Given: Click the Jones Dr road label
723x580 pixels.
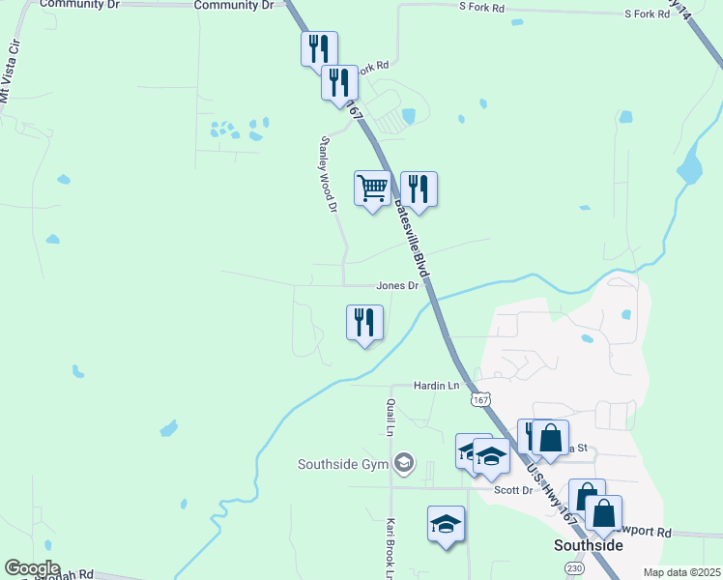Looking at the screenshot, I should tap(397, 286).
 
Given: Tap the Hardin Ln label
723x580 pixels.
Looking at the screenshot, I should tap(436, 386).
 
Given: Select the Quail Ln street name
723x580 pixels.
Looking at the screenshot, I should tap(390, 417).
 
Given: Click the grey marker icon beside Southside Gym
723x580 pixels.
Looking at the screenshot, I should tap(404, 465).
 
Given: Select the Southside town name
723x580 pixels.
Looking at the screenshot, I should tap(588, 545).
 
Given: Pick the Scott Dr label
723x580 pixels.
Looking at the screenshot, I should tap(513, 490).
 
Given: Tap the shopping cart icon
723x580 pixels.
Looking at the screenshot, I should tap(372, 187).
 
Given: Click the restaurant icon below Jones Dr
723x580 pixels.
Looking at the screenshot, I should tap(365, 321).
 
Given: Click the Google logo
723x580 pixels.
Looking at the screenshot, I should tap(32, 568).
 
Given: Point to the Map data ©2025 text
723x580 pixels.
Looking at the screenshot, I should tap(681, 572).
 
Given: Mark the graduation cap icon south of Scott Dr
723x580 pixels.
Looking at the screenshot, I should tap(446, 524).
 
